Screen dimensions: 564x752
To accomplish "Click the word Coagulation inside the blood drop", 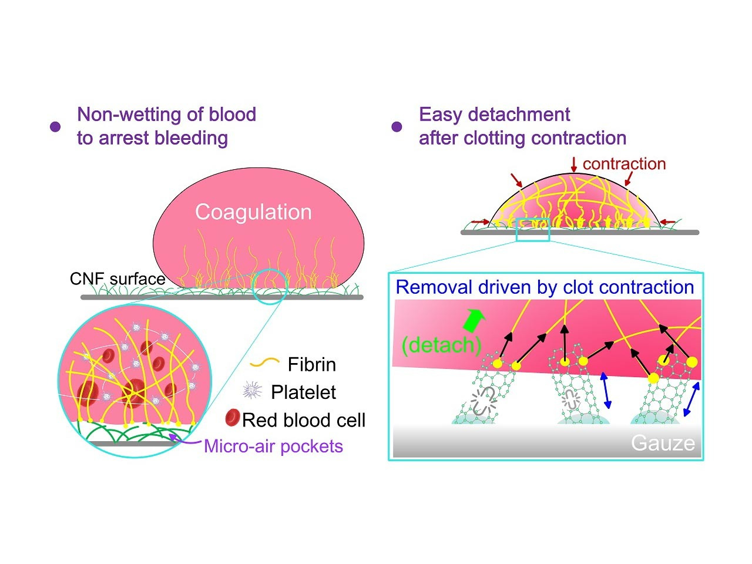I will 253,212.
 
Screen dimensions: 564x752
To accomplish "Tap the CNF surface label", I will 117,278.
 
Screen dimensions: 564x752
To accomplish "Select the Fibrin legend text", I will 311,365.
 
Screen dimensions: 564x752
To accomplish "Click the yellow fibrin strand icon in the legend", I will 264,364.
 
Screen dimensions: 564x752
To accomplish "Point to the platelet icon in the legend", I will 252,391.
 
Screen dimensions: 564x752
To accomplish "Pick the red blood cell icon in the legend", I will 233,418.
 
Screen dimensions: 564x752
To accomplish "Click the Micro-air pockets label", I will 273,446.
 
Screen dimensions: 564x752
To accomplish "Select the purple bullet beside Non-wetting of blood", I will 55,127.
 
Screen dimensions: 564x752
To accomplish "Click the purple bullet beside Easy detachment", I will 397,127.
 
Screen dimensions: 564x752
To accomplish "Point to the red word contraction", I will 624,164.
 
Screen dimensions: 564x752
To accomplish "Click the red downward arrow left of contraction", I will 574,164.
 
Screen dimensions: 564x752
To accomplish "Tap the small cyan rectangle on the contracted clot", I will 533,229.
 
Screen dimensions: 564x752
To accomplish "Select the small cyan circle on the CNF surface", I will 270,287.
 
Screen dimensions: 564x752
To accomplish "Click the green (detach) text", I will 441,345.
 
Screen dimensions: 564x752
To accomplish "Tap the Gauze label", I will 663,443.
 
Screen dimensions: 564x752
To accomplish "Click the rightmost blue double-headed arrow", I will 692,403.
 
